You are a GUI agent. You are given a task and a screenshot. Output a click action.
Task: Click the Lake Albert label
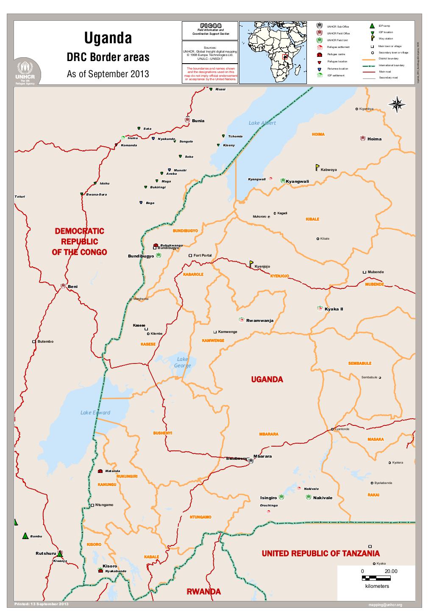[262, 123]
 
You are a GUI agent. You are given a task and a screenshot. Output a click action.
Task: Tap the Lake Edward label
[95, 412]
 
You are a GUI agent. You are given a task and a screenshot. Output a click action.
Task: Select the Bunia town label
[198, 121]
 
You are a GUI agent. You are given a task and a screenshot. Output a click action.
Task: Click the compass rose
[397, 105]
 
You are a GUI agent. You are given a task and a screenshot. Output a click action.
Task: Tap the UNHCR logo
[28, 72]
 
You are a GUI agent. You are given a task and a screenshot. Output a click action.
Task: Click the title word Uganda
[108, 39]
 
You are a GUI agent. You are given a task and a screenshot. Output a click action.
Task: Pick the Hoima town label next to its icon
[374, 139]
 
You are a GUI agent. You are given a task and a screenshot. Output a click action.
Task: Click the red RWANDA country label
[204, 592]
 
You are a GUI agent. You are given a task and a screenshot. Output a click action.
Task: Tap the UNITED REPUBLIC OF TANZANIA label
[320, 553]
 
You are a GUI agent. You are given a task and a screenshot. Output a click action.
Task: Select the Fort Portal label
[202, 256]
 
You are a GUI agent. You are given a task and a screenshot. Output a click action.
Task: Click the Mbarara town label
[262, 456]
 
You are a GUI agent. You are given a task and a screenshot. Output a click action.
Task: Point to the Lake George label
[183, 363]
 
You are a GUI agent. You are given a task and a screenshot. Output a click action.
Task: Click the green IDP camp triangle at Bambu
[25, 537]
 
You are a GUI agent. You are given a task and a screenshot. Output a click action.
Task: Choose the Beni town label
[73, 287]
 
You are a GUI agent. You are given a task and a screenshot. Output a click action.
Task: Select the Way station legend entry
[386, 39]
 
